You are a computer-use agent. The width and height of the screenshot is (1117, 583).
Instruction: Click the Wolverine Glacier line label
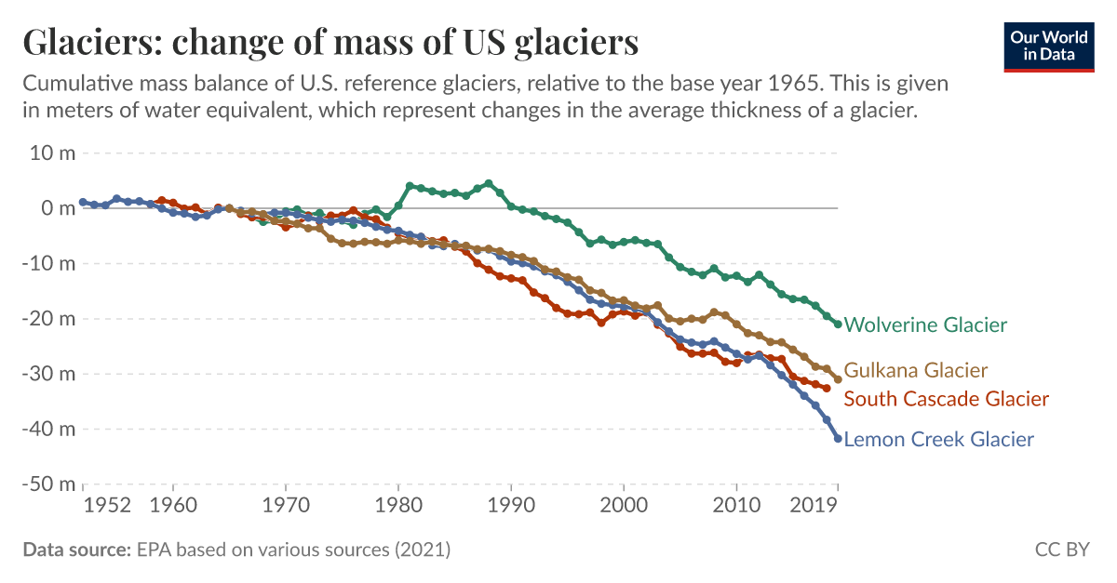[x=925, y=325]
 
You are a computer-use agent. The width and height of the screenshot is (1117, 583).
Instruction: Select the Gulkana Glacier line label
[x=915, y=370]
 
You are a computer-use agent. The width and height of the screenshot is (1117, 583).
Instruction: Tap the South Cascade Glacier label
[x=946, y=399]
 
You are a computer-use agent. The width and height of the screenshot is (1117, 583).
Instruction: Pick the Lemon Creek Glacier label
[x=938, y=439]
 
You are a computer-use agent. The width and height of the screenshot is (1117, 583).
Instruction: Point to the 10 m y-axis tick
[x=53, y=152]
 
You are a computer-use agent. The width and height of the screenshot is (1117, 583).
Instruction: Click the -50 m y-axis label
[x=48, y=484]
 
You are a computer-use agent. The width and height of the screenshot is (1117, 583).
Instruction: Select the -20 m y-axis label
[x=48, y=319]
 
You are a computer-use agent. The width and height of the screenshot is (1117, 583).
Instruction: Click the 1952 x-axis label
[x=106, y=506]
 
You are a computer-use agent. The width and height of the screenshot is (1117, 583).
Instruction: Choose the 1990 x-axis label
[x=510, y=506]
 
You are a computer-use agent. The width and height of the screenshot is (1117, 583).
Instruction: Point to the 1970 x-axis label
[x=286, y=506]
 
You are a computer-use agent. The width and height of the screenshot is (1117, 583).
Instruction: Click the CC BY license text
[x=1062, y=550]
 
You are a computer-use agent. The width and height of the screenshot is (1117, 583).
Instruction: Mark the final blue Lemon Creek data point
[x=838, y=438]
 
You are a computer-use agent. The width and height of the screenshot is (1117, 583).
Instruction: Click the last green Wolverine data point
[x=838, y=325]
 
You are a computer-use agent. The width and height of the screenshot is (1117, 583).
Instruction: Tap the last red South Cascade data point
[x=827, y=388]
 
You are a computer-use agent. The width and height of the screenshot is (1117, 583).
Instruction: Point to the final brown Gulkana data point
[x=838, y=379]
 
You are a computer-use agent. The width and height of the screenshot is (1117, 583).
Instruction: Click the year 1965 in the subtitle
[x=794, y=84]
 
